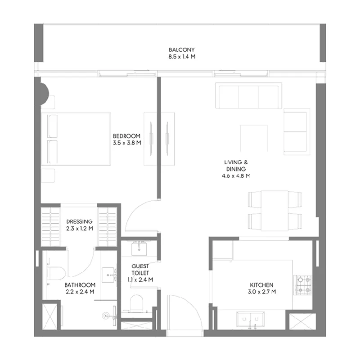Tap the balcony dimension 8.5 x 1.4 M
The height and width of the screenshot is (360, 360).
point(181,57)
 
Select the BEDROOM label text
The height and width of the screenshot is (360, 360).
point(127,136)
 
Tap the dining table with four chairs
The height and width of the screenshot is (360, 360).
point(274,210)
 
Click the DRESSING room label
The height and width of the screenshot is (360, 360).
point(79,221)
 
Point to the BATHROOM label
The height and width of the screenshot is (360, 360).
point(79,285)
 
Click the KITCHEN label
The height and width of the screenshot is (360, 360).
point(261,285)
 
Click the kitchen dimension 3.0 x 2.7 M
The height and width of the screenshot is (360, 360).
point(261,292)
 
